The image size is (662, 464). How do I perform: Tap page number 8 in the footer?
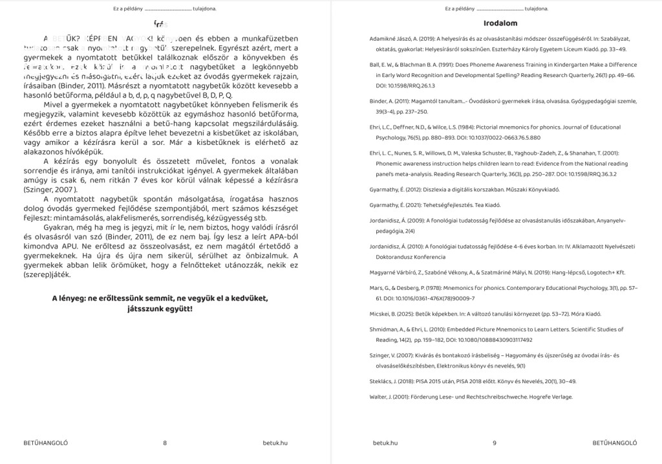tap(165, 443)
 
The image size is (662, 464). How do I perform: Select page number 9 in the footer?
tap(494, 443)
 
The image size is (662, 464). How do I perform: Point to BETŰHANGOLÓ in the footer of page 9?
tap(615, 443)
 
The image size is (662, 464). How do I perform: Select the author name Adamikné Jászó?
tap(391, 39)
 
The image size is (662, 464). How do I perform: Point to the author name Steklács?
tap(381, 381)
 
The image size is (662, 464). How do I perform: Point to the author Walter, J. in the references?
tap(381, 397)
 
